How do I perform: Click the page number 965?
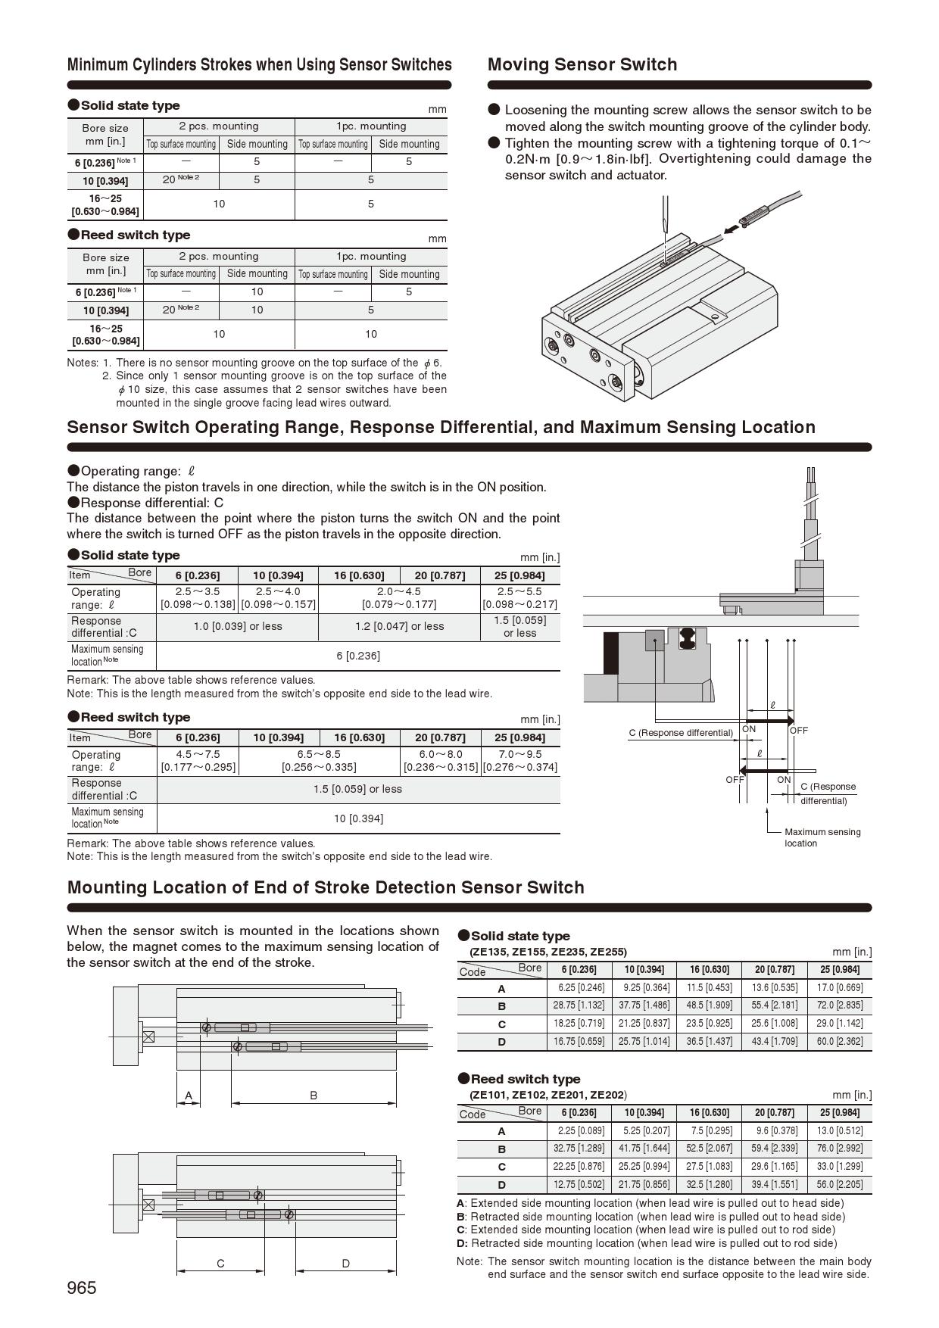(x=82, y=1288)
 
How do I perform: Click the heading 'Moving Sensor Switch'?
(x=582, y=65)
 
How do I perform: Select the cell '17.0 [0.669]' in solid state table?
(x=839, y=987)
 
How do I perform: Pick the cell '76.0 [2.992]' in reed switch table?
(x=839, y=1149)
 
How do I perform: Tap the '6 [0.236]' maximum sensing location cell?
(x=358, y=656)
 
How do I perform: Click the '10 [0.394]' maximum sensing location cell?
(x=358, y=818)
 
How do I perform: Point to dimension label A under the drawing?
(x=189, y=1095)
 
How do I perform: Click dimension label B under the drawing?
(x=314, y=1095)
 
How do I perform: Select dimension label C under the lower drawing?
(x=220, y=1263)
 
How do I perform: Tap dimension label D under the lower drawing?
(x=346, y=1263)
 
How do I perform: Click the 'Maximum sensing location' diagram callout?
(x=822, y=837)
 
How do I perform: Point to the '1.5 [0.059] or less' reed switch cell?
(x=358, y=789)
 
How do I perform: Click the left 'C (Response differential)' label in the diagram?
(x=681, y=733)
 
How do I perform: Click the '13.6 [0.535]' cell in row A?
(x=774, y=987)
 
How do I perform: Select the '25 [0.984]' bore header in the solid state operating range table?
(x=519, y=575)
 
